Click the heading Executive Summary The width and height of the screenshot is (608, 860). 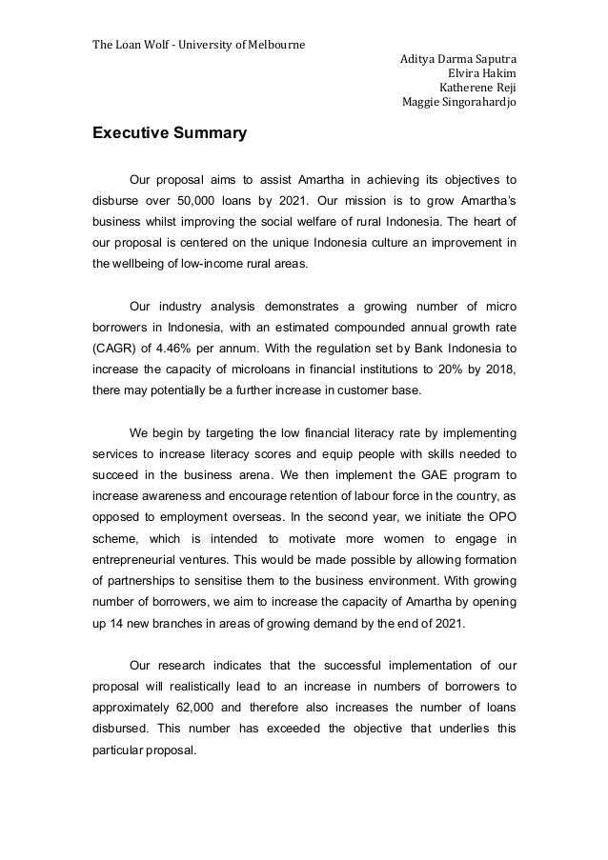[x=169, y=134]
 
